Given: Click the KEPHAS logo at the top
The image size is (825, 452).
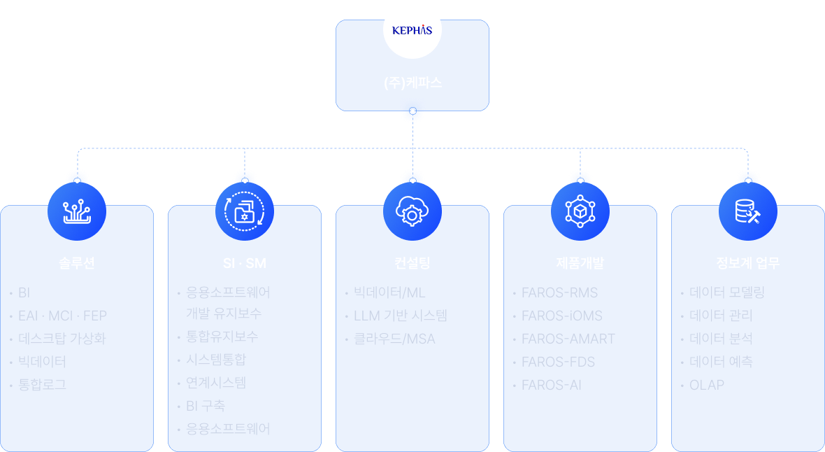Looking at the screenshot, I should coord(412,30).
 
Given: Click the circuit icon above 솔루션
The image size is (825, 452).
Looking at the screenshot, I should coord(77,211).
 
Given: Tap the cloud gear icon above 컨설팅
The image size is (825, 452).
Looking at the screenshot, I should coord(412,211).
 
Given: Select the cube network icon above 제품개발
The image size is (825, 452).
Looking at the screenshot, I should coord(580,211).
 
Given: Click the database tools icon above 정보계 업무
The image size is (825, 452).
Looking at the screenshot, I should coord(748,211).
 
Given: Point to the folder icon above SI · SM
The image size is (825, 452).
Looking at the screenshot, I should coord(245,211).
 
